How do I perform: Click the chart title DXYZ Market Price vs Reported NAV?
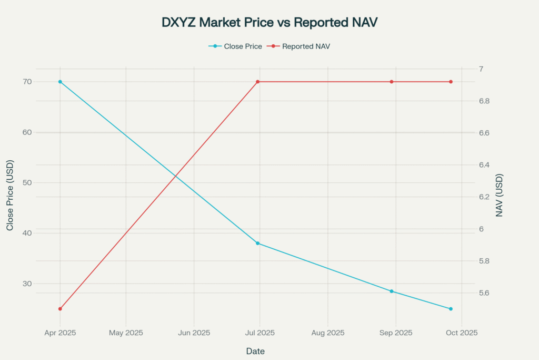point(269,22)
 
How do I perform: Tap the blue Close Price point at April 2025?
point(60,82)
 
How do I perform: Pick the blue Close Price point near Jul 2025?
point(258,243)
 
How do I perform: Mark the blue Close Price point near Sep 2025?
point(392,291)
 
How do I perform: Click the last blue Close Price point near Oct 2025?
point(451,309)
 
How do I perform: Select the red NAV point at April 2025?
point(60,309)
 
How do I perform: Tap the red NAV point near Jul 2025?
point(258,82)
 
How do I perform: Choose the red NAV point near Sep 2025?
point(392,82)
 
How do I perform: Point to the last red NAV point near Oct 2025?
point(451,82)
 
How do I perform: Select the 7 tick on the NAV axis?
point(481,69)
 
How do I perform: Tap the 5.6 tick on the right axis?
point(484,293)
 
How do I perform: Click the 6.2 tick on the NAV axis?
point(484,197)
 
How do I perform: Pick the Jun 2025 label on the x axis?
point(194,333)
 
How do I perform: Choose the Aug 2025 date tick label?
point(327,333)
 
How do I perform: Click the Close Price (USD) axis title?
point(10,196)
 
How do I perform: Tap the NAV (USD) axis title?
point(500,196)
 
